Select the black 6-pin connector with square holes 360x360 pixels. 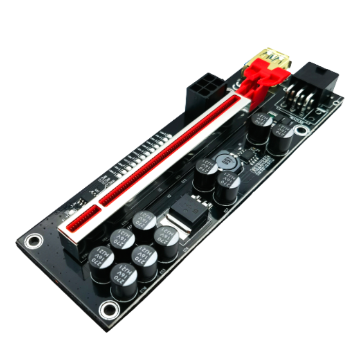[205, 90]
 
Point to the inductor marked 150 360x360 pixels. [225, 160]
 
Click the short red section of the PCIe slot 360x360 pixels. [80, 221]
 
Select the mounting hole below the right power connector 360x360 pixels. [302, 131]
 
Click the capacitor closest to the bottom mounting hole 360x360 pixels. [123, 280]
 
